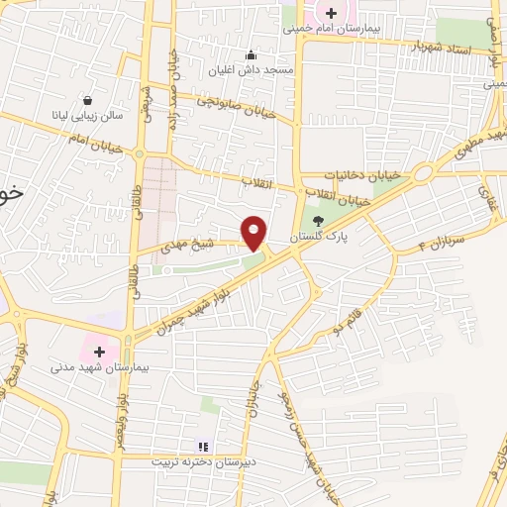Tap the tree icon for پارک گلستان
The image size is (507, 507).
[x=317, y=222]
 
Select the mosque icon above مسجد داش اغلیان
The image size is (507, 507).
[x=252, y=54]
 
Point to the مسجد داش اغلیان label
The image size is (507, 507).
[x=252, y=70]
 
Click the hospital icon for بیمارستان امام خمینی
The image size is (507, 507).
[x=331, y=13]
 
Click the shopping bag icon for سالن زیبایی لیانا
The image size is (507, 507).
[x=88, y=100]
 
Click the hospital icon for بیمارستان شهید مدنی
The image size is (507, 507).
[x=99, y=351]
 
